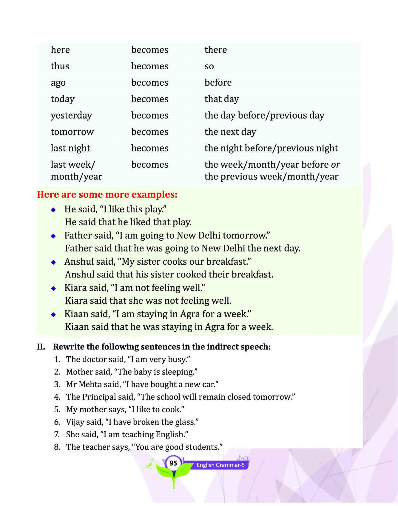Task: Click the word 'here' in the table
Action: tap(60, 50)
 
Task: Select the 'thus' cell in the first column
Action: tap(60, 66)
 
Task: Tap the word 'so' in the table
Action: tap(209, 66)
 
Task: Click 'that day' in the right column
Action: tap(221, 99)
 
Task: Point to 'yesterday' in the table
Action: tap(71, 116)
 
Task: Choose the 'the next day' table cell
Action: tap(230, 132)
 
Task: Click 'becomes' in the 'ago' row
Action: tap(149, 82)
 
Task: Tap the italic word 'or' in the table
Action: tap(335, 165)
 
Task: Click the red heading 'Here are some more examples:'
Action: tap(107, 194)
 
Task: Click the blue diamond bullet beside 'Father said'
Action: tap(53, 236)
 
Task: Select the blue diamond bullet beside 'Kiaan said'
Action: tap(53, 315)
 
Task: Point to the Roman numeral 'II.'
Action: tap(41, 347)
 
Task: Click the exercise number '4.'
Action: tap(57, 397)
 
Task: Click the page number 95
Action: tap(173, 463)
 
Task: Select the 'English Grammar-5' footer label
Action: tap(220, 465)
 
